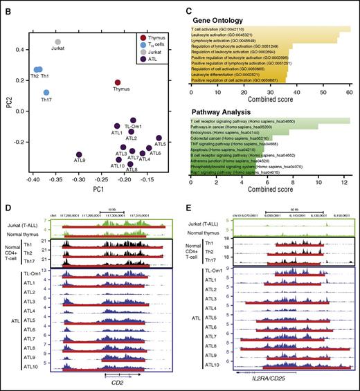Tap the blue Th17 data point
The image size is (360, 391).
coord(46,92)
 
